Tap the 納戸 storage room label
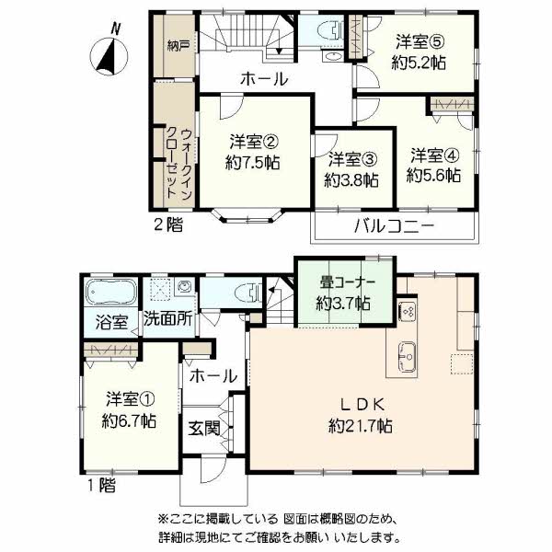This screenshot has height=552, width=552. tap(178, 46)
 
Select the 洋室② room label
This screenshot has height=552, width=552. tap(254, 143)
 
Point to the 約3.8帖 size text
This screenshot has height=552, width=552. tap(351, 180)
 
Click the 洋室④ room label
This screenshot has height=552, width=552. tap(435, 156)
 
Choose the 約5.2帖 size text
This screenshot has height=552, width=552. tap(419, 63)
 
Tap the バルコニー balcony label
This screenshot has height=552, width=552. tap(394, 226)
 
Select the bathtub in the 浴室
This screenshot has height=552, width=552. tap(111, 293)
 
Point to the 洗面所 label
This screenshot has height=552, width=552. tap(168, 319)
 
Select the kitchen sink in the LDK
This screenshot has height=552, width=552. tap(407, 357)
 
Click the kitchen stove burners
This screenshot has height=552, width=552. tap(408, 312)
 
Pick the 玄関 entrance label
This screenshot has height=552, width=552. tap(204, 429)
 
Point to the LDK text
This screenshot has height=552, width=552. tap(362, 405)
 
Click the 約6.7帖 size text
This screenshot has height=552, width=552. tap(129, 420)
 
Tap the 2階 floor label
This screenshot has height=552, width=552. tap(169, 224)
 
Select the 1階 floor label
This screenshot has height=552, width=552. tap(101, 486)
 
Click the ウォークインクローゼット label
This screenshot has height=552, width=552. tap(179, 164)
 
